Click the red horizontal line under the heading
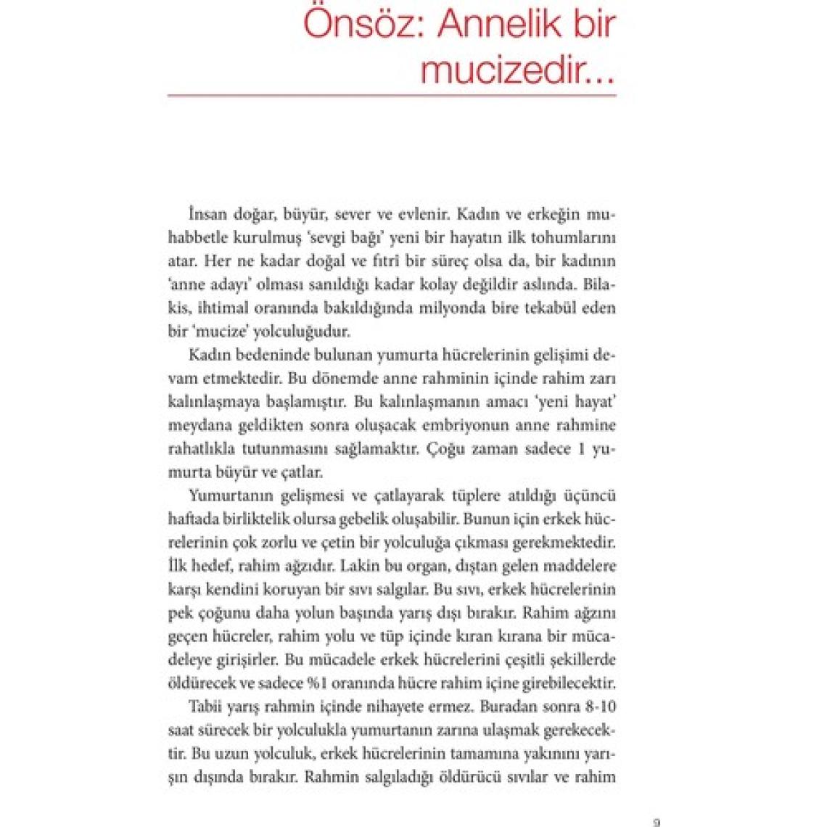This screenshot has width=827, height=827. [x=392, y=95]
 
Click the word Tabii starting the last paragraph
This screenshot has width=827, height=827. [x=205, y=707]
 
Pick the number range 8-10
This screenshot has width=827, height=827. [x=598, y=707]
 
